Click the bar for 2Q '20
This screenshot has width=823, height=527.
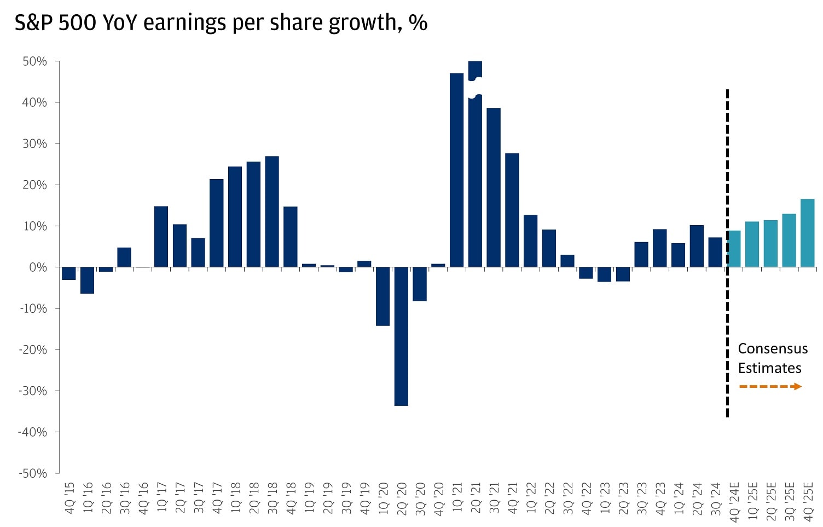click(401, 336)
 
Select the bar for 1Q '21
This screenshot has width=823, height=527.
click(456, 170)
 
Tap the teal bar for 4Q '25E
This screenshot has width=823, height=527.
click(807, 233)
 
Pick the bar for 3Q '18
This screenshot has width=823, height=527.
click(272, 211)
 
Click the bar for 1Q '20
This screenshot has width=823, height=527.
click(382, 296)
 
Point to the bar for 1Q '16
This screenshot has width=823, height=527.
click(87, 280)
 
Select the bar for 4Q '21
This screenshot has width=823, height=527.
click(512, 210)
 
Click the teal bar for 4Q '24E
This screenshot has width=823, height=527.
click(734, 249)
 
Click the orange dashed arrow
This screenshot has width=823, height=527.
click(770, 387)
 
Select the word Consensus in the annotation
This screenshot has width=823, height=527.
click(772, 348)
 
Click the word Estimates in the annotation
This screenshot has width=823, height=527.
click(769, 368)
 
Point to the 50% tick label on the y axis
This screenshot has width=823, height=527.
click(34, 61)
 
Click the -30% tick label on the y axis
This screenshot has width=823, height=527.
click(33, 391)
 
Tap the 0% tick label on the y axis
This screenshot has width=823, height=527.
click(38, 267)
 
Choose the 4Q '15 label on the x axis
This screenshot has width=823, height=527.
click(69, 498)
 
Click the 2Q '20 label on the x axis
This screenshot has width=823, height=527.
click(402, 498)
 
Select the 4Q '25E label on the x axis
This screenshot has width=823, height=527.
click(808, 501)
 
